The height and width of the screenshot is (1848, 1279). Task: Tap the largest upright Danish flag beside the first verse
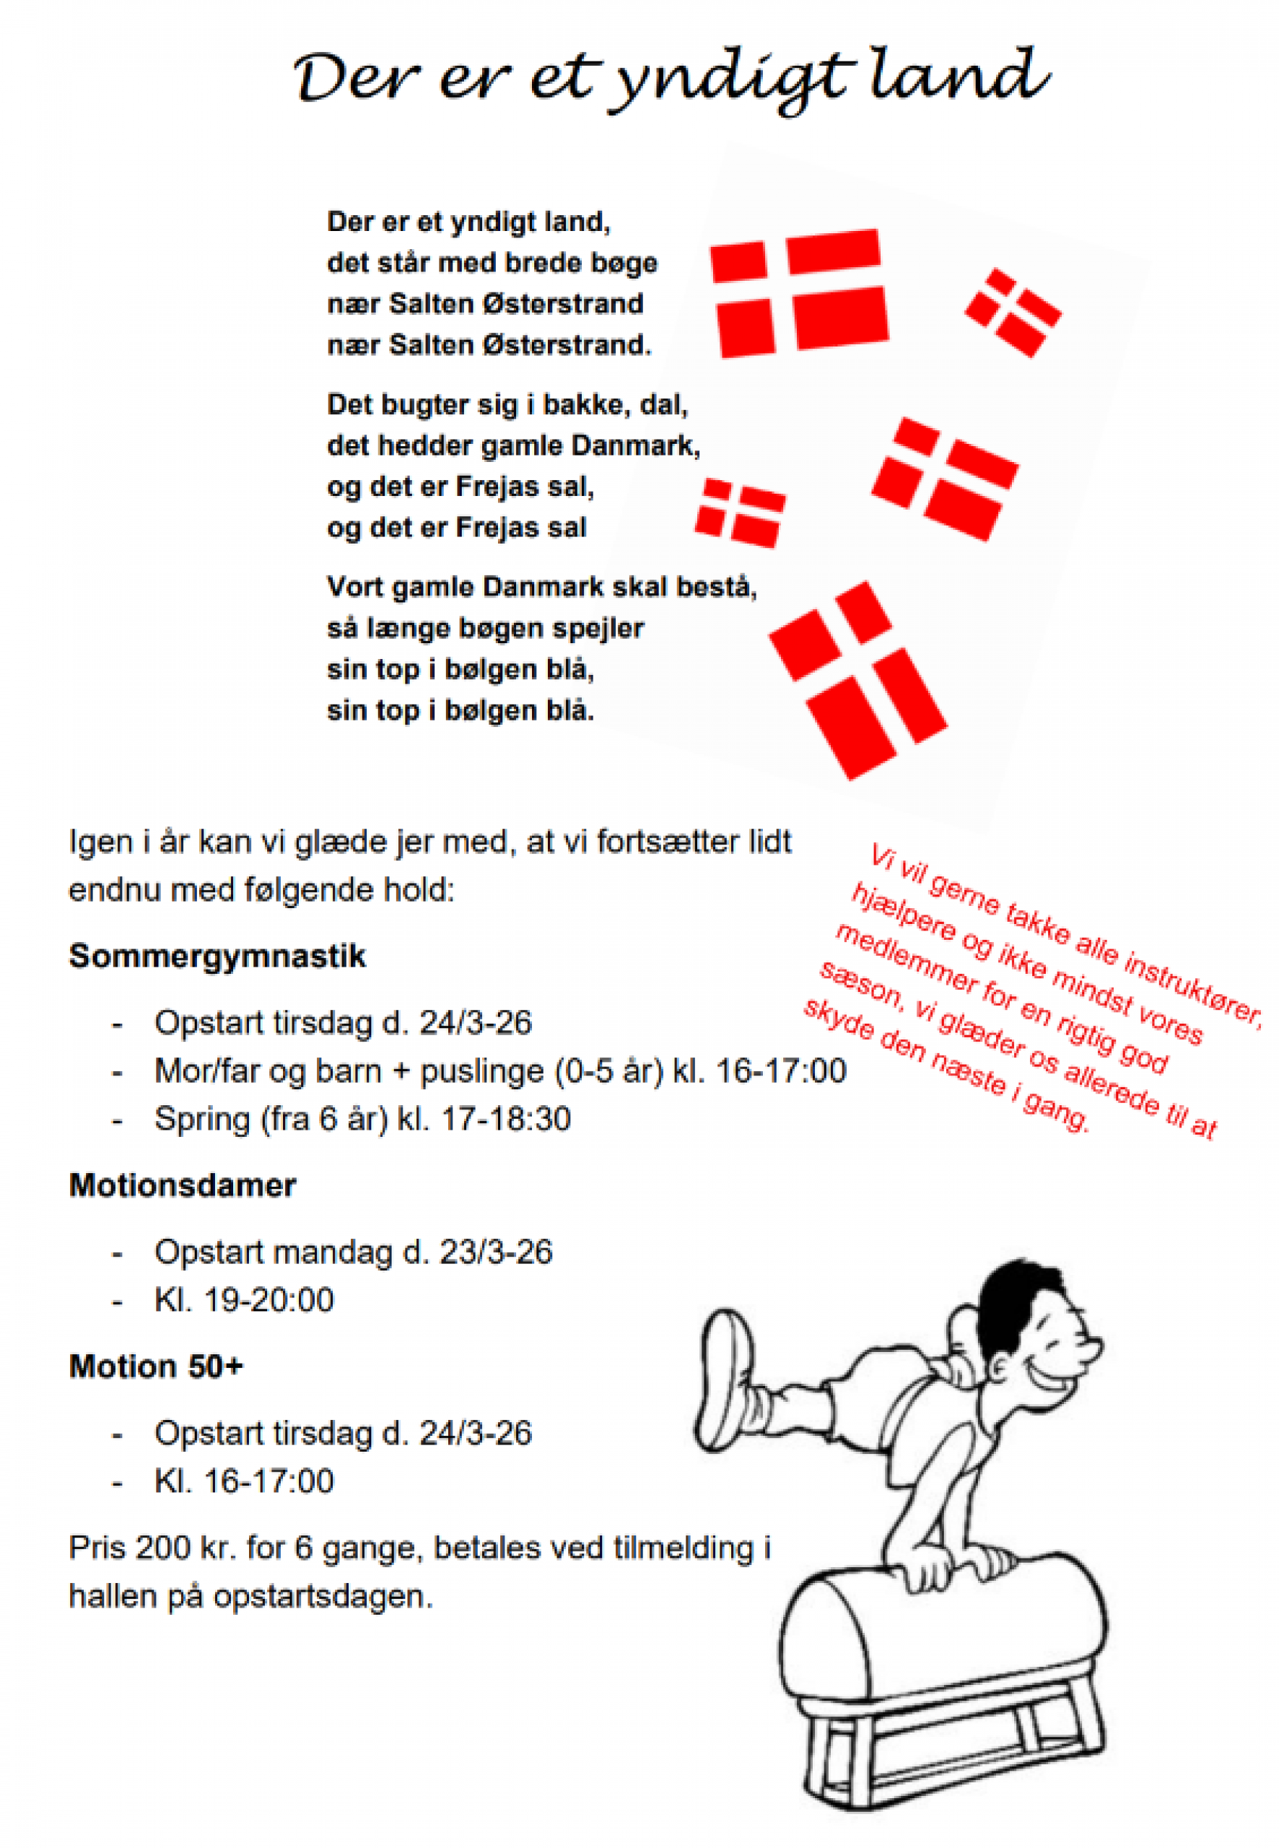point(800,292)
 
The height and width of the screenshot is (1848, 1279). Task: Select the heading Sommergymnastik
point(217,956)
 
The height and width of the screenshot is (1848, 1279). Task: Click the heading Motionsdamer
point(183,1185)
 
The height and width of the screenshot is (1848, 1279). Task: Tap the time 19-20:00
point(269,1300)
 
